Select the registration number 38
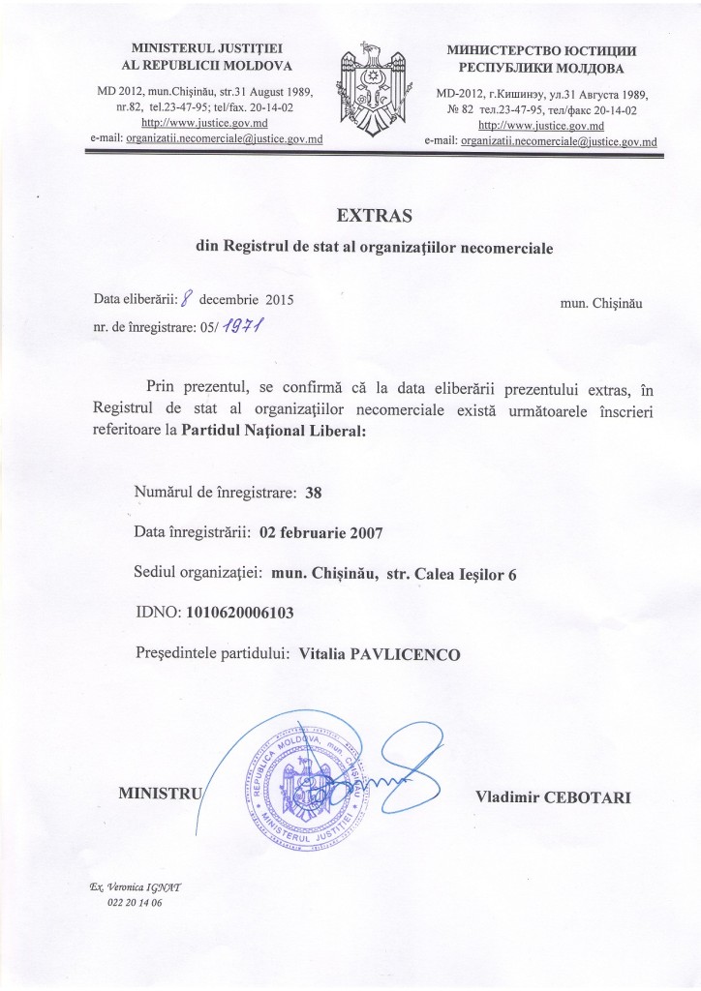(312, 492)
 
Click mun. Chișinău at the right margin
(600, 302)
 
